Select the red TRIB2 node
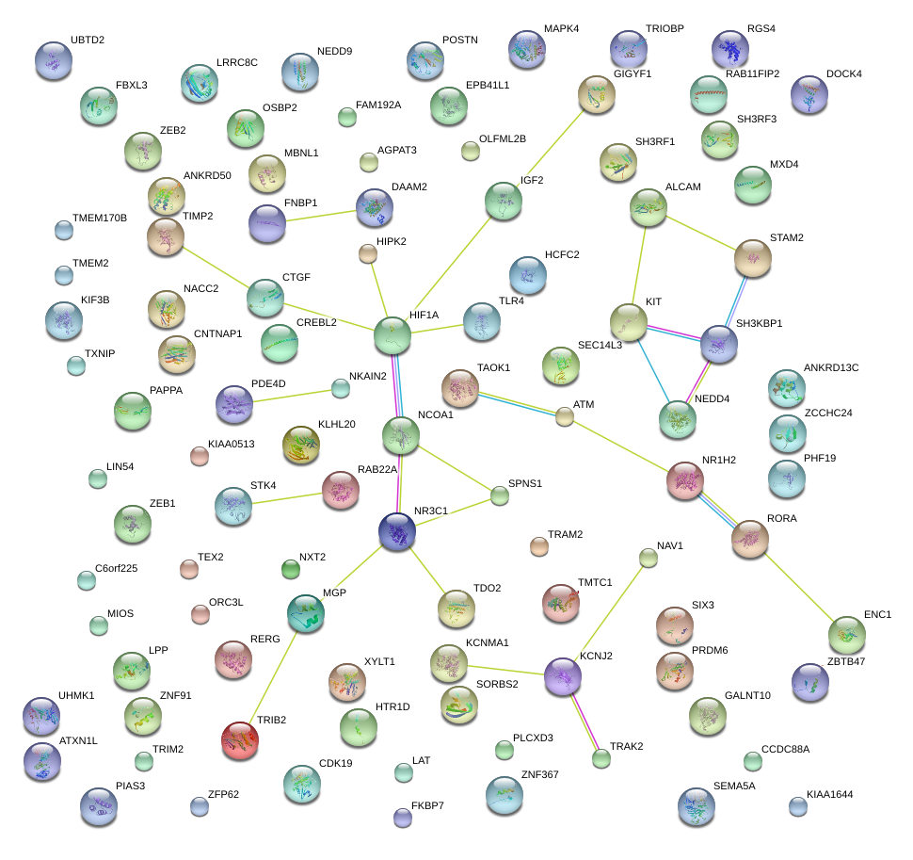point(239,739)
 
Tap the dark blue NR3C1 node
point(398,531)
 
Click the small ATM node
point(564,415)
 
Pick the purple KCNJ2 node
point(563,676)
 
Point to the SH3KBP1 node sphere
point(719,345)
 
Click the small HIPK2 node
point(368,252)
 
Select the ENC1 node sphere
point(847,635)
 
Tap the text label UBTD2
point(88,41)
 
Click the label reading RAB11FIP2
point(752,73)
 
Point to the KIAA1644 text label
point(830,795)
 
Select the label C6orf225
point(117,568)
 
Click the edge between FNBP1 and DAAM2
point(320,216)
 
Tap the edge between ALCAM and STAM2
point(700,230)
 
